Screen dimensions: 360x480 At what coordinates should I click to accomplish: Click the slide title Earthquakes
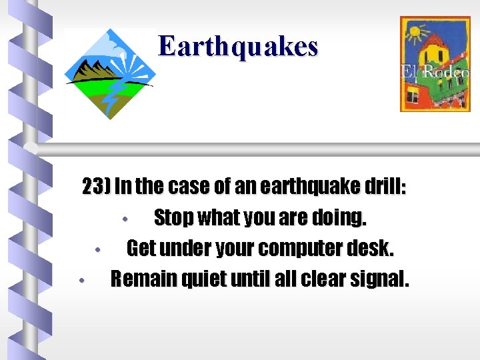pos(238,47)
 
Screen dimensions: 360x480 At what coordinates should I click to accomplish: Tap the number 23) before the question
pos(97,187)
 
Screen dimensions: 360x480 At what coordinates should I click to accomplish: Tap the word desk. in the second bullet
pos(374,249)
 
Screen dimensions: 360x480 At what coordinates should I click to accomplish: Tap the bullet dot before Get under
pos(97,251)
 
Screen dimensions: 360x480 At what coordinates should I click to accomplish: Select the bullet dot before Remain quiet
pos(80,281)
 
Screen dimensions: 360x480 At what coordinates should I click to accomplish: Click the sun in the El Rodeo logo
pos(419,32)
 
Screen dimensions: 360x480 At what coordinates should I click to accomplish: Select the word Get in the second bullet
pos(141,249)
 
